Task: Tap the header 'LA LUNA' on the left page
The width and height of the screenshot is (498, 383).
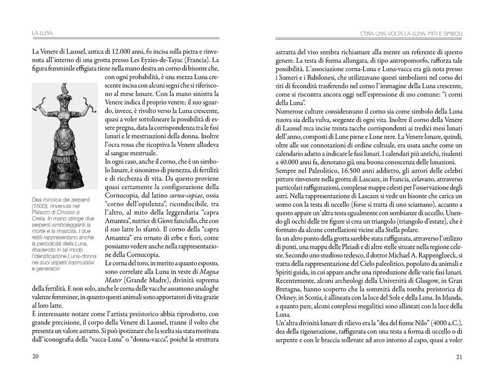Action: point(42,33)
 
